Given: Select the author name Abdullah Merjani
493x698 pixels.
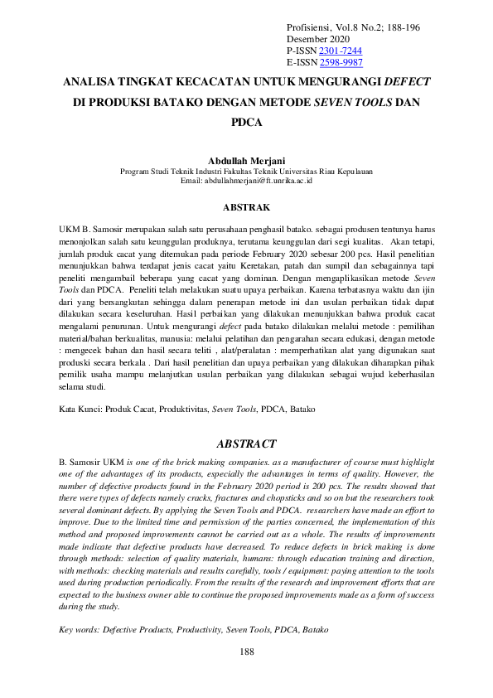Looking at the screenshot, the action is pos(246,161).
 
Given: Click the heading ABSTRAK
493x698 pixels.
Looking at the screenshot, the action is pos(246,206).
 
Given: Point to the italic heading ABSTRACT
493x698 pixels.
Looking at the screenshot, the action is pos(246,444).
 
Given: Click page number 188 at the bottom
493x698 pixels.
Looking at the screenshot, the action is pos(246,652).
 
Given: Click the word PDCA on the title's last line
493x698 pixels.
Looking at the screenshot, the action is pos(246,123).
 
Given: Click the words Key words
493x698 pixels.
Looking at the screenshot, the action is pos(80,630).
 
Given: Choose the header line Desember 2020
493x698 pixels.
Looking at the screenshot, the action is pos(318,39).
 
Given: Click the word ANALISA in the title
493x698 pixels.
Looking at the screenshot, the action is pos(92,83).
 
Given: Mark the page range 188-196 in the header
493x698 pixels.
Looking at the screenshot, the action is pos(401,27).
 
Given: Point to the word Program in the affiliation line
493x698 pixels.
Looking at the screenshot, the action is pos(136,172).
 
